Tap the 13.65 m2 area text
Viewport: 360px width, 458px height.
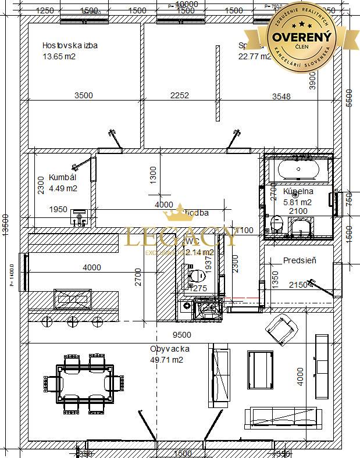[59, 56]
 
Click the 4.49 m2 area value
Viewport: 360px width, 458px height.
[63, 188]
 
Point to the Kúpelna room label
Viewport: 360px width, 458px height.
[298, 191]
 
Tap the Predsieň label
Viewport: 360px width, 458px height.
[300, 260]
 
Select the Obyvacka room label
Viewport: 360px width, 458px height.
[170, 349]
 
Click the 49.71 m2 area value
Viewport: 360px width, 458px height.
[166, 360]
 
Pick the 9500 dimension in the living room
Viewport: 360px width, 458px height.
[182, 335]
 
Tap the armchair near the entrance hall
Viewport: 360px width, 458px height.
[280, 329]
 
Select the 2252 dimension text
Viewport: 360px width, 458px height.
[179, 95]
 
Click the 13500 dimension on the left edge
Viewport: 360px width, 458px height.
[6, 229]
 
